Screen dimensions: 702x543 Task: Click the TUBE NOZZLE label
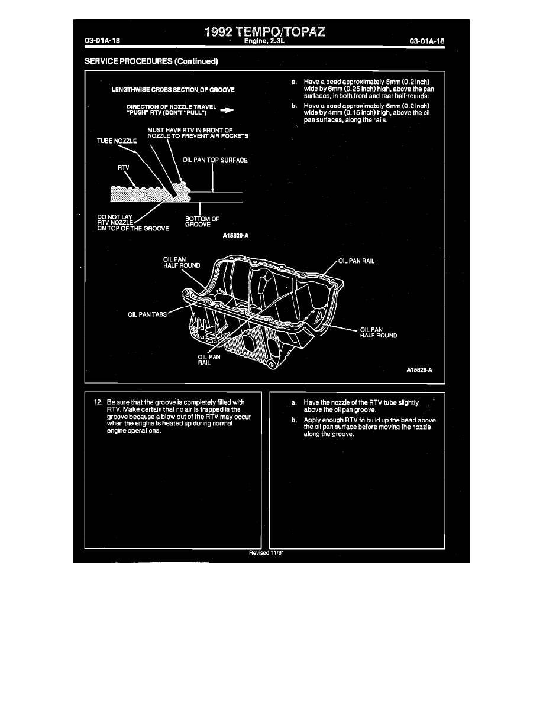click(117, 141)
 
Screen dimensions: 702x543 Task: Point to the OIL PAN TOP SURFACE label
click(215, 160)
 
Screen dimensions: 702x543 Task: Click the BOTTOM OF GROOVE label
click(202, 222)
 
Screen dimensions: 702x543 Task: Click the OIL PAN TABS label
click(148, 314)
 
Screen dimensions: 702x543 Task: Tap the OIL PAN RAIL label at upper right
click(357, 261)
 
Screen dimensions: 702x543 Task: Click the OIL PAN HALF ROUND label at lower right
click(379, 332)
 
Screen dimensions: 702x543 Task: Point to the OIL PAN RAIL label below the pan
click(209, 360)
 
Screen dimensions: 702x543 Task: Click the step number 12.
click(99, 402)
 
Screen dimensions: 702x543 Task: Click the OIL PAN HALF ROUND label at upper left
click(182, 262)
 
